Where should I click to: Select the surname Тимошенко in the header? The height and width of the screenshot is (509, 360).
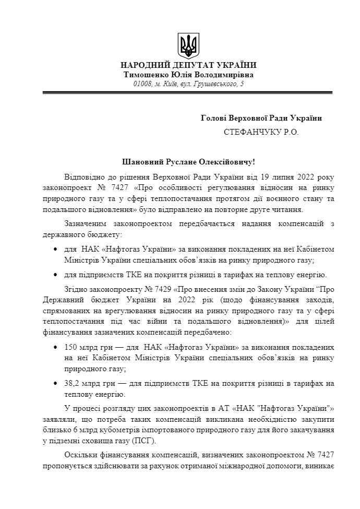coord(145,75)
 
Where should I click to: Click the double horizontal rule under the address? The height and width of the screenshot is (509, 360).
coord(188,92)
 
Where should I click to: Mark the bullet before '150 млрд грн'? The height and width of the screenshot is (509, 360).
coord(56,347)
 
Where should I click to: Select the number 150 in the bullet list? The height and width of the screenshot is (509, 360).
coord(71,347)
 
